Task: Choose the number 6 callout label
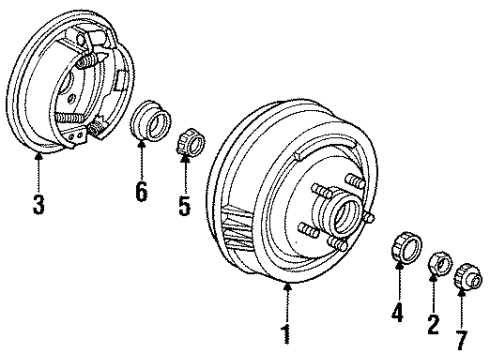click(142, 189)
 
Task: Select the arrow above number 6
click(142, 160)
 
